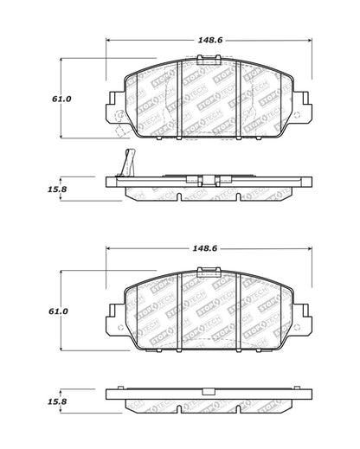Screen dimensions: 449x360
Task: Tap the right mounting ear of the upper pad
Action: pos(300,107)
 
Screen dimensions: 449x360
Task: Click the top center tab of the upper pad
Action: pos(208,60)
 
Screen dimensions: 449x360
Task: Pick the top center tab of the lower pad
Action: pos(208,273)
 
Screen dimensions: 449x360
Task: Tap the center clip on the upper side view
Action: pos(208,181)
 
